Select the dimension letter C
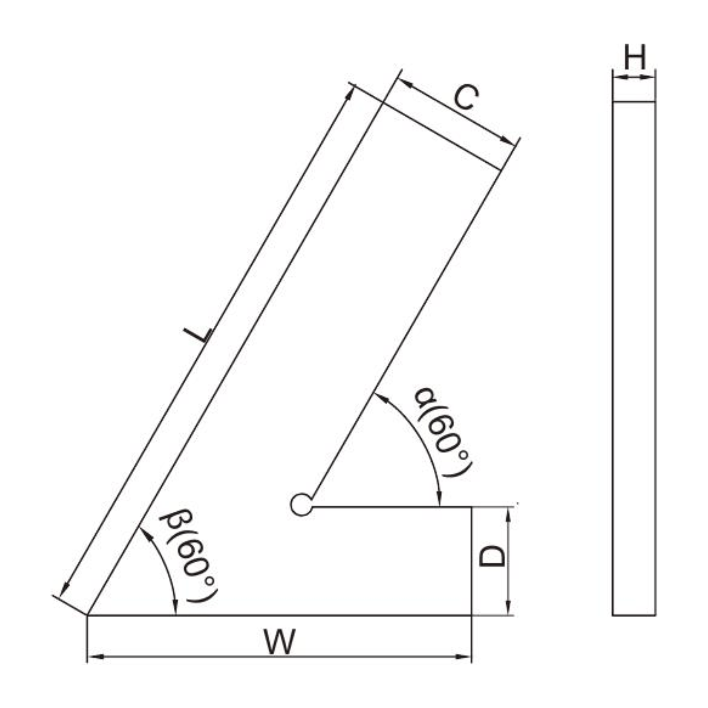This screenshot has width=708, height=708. [466, 98]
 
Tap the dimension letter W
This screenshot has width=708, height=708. [279, 642]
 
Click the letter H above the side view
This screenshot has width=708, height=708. [635, 58]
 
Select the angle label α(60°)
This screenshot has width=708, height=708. [442, 432]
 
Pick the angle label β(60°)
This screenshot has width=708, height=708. [189, 555]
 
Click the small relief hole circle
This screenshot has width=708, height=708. [301, 504]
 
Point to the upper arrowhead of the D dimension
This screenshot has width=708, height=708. [508, 513]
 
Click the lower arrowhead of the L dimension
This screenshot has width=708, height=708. [65, 590]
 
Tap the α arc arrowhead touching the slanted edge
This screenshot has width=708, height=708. [379, 395]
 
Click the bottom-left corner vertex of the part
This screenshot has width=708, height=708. [88, 615]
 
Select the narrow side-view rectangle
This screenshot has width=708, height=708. [634, 358]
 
